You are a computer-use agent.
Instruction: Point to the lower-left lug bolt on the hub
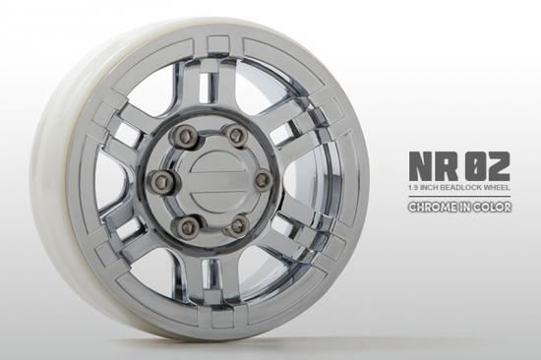click(x=183, y=228)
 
